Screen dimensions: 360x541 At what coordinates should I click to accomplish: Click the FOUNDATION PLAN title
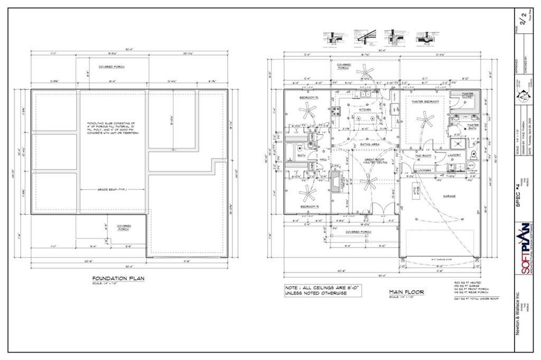click(x=118, y=278)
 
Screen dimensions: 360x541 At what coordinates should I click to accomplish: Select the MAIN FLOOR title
click(x=406, y=291)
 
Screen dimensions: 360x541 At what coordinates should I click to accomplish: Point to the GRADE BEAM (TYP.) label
click(x=110, y=190)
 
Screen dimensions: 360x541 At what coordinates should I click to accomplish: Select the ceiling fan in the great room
click(x=368, y=183)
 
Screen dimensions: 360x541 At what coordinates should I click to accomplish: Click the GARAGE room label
click(x=449, y=196)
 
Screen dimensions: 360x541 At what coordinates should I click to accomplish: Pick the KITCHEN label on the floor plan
click(x=365, y=110)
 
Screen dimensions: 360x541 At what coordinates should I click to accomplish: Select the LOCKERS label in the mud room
click(x=424, y=170)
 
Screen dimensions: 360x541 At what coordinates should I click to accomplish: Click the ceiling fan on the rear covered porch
click(x=364, y=72)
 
